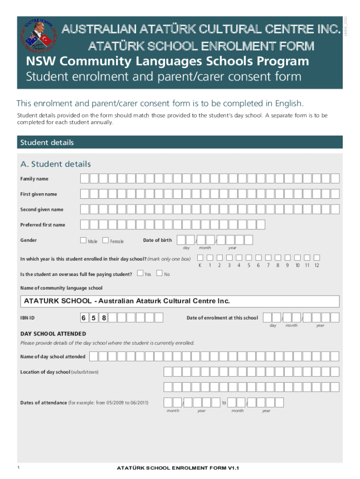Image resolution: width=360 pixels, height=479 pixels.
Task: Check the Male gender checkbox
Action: [x=83, y=240]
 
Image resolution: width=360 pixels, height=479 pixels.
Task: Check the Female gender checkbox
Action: [x=105, y=240]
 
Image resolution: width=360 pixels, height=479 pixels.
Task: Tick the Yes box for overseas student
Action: [x=140, y=273]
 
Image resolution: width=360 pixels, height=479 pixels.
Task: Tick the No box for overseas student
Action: [x=159, y=273]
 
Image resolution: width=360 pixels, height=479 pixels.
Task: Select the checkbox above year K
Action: [x=200, y=257]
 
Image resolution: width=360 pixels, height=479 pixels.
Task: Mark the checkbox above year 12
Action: [x=317, y=257]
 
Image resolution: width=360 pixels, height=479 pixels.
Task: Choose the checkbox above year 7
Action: [x=268, y=257]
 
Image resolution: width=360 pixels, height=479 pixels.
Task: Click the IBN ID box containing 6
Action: [x=83, y=318]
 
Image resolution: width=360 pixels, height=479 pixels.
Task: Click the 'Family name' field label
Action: [x=34, y=179]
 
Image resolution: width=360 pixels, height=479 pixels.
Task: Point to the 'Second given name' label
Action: [x=42, y=210]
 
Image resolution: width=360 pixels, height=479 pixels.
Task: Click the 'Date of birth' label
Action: [x=157, y=240]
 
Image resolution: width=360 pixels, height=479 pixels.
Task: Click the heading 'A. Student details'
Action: [x=55, y=164]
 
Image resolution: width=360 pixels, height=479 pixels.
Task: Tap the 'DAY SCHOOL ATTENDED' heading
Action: [x=53, y=334]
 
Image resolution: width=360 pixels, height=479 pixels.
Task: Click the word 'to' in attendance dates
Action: [x=224, y=402]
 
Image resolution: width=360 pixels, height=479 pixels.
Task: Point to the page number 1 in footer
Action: [x=17, y=467]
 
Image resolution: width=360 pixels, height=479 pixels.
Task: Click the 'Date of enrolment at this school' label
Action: [x=222, y=318]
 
